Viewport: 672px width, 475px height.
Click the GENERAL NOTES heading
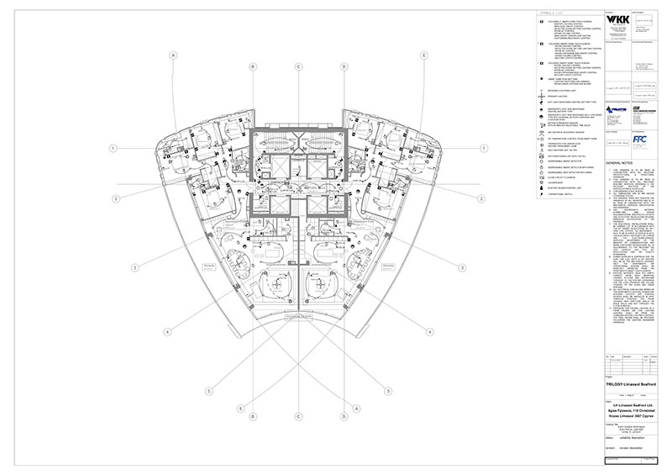[x=617, y=164]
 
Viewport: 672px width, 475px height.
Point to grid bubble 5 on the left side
[x=210, y=390]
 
